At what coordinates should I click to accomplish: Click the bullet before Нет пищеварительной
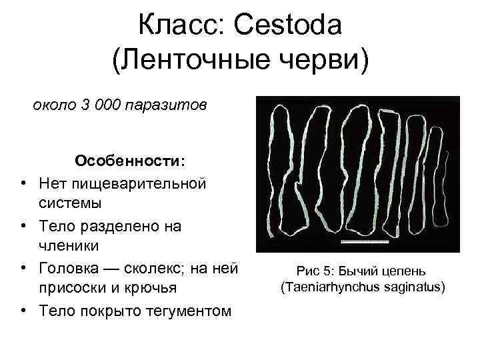(23, 182)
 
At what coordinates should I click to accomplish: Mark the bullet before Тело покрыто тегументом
(23, 310)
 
